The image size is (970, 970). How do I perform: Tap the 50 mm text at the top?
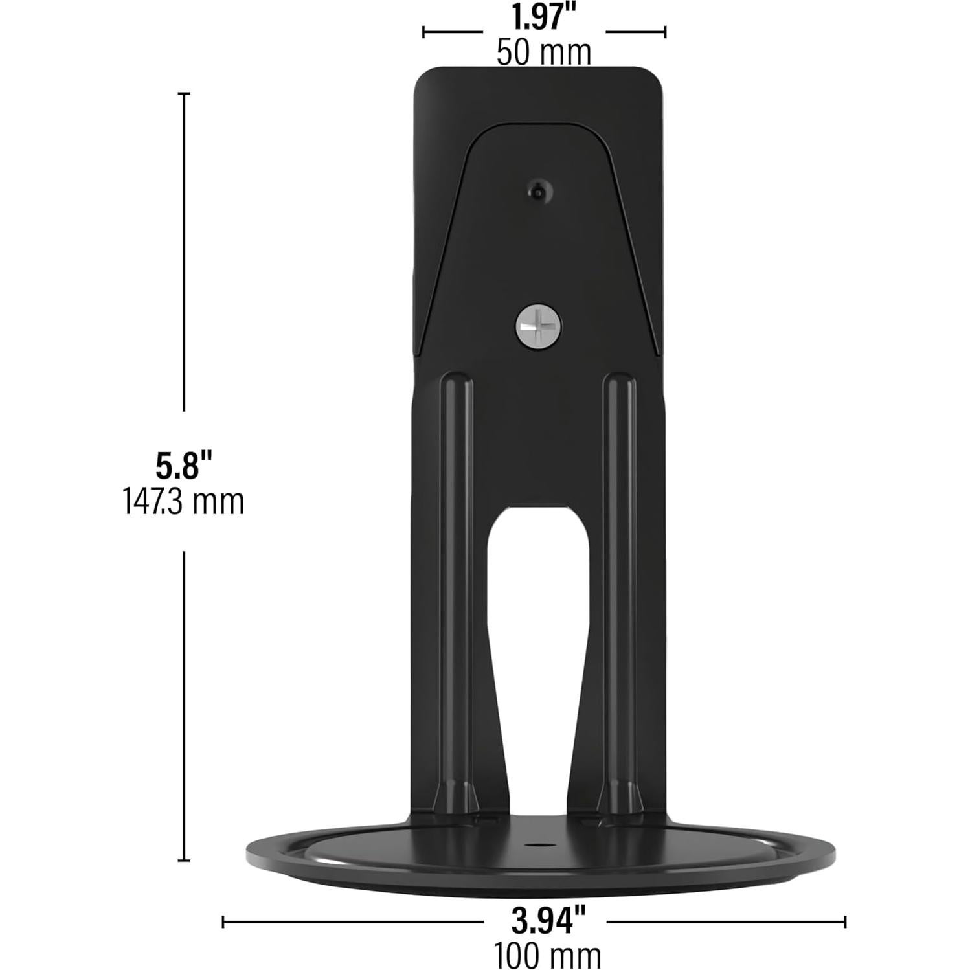tap(543, 52)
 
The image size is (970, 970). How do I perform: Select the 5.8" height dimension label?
tap(184, 465)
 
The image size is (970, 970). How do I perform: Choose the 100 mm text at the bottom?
tap(548, 954)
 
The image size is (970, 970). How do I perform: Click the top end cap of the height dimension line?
tap(185, 95)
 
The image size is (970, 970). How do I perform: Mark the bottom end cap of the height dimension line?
tap(185, 860)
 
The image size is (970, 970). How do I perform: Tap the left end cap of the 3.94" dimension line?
tap(223, 921)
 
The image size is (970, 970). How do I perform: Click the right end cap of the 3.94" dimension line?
tap(844, 921)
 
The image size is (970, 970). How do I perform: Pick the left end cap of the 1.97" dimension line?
tap(423, 31)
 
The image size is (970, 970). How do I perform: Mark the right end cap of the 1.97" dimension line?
tap(665, 31)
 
